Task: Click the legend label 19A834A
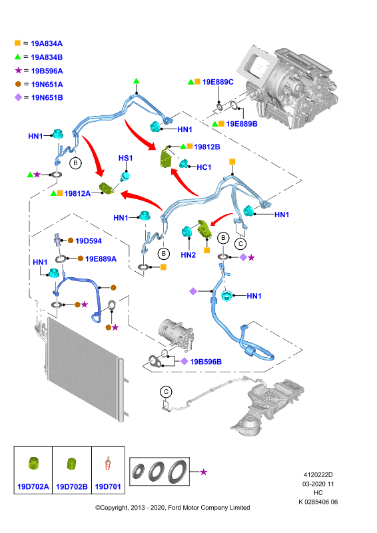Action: pos(47,43)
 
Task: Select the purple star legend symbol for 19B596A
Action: pos(18,71)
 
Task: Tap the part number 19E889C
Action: pos(218,82)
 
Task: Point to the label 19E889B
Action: pos(242,124)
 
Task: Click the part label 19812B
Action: pos(206,147)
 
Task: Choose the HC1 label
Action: pos(204,167)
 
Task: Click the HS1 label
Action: pos(125,158)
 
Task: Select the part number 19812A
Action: pos(77,193)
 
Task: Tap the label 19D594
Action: pos(89,241)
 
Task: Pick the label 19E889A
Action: pos(101,259)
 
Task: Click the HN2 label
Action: pos(188,255)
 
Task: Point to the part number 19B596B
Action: pos(206,362)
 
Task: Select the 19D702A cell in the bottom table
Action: pos(33,470)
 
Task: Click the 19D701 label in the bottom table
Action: pos(108,487)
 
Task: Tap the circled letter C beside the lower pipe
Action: pos(166,392)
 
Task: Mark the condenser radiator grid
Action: pos(83,368)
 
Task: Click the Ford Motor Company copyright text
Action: pos(173,508)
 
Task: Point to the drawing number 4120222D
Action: pos(318,475)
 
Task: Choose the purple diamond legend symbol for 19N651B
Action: pos(18,97)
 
